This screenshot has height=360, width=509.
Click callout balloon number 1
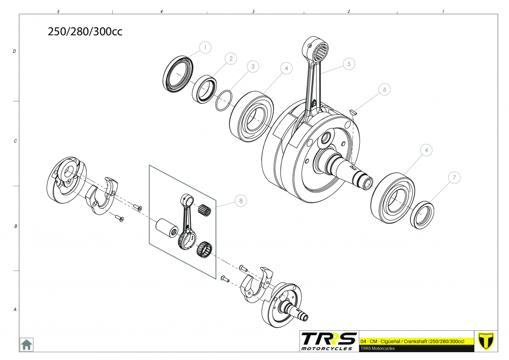pyautogui.click(x=205, y=48)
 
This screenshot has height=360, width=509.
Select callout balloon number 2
pyautogui.click(x=231, y=59)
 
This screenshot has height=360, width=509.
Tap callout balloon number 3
pyautogui.click(x=253, y=67)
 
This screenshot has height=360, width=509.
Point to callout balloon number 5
pyautogui.click(x=349, y=64)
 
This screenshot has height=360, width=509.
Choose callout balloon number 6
pyautogui.click(x=384, y=90)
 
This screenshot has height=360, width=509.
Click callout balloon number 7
pyautogui.click(x=454, y=178)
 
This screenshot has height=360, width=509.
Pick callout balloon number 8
pyautogui.click(x=241, y=201)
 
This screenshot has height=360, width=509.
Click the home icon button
pyautogui.click(x=26, y=344)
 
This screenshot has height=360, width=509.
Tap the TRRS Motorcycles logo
pyautogui.click(x=328, y=341)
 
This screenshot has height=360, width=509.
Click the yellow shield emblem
pyautogui.click(x=486, y=341)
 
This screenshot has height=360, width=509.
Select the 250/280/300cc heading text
pyautogui.click(x=85, y=32)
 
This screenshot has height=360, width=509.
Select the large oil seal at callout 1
pyautogui.click(x=177, y=74)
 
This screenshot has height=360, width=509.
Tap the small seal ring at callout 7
pyautogui.click(x=422, y=215)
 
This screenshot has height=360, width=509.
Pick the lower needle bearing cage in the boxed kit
pyautogui.click(x=205, y=250)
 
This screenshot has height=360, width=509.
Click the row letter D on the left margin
pyautogui.click(x=14, y=51)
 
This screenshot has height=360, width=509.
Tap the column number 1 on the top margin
pyautogui.click(x=443, y=12)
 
